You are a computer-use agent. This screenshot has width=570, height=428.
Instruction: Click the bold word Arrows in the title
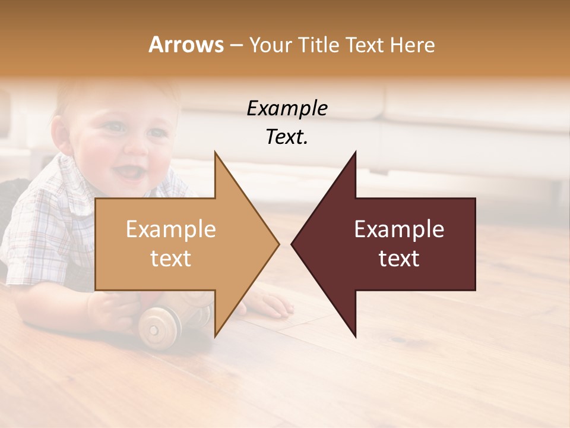186,45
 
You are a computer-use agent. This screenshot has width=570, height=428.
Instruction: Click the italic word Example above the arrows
287,109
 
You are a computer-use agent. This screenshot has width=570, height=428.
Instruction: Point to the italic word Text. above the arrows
287,137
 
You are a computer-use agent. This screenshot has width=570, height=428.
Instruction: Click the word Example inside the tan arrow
170,229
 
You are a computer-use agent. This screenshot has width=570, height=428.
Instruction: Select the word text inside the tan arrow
170,258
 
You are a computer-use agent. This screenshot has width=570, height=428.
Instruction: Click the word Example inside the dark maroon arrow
399,229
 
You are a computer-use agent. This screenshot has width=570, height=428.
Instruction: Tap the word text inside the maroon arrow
399,258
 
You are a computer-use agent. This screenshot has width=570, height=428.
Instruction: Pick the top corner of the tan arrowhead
215,152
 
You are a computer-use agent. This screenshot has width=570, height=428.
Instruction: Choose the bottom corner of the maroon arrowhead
355,336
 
